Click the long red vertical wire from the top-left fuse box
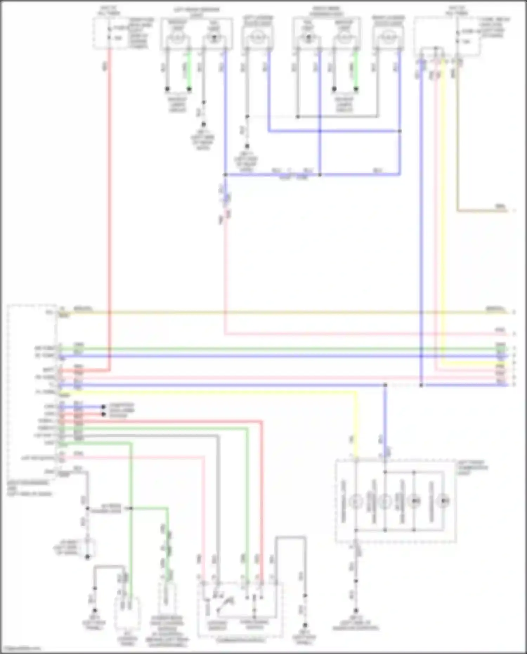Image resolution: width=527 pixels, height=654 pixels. (109, 211)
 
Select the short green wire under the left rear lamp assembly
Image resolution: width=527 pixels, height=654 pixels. (189, 70)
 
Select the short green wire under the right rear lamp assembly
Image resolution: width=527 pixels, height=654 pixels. (356, 70)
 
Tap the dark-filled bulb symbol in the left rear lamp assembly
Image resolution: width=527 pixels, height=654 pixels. (214, 38)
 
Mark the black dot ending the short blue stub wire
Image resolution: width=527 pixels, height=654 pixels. (103, 407)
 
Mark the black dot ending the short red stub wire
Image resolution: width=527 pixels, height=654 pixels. (103, 414)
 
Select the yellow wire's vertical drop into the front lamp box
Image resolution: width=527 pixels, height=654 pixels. (356, 425)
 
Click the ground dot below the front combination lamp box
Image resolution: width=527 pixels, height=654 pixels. (356, 611)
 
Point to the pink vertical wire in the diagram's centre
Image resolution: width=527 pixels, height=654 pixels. (225, 274)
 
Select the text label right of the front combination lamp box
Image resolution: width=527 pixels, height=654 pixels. (473, 468)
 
